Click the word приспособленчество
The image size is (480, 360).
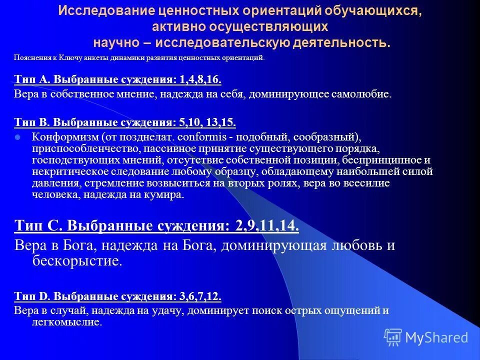point(78,148)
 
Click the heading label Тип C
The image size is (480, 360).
point(38,226)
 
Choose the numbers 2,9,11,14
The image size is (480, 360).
point(265,226)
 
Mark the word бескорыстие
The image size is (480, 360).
point(77,260)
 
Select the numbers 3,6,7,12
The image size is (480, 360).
point(199,296)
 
